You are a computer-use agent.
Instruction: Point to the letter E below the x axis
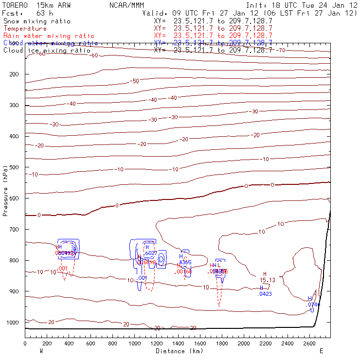point(321,350)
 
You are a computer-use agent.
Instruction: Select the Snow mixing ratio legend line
point(37,21)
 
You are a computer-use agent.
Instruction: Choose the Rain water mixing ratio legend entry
point(49,36)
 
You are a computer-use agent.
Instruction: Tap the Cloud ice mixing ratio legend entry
point(47,51)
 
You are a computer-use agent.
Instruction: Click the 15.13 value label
point(267,280)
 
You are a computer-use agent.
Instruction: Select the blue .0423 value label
point(265,294)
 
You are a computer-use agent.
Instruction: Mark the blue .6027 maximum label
point(151,253)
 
